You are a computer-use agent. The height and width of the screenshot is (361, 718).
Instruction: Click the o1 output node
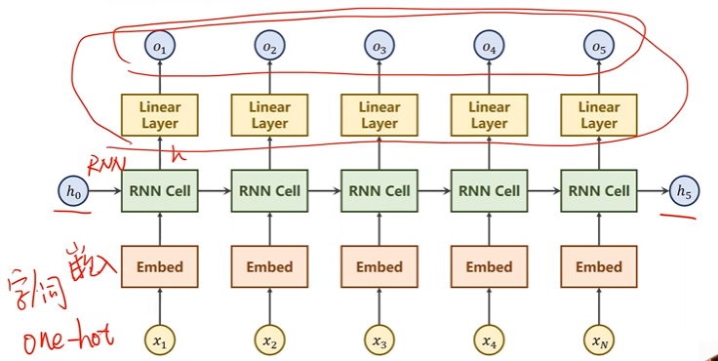pos(160,44)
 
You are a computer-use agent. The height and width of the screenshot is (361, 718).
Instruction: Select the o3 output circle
pos(379,44)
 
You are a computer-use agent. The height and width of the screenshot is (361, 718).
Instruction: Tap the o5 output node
pos(598,44)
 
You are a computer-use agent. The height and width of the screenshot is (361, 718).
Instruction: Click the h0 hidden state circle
pos(71,192)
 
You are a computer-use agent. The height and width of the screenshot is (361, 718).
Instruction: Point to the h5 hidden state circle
pos(687,192)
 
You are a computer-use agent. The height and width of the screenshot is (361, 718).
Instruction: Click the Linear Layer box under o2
pos(269,114)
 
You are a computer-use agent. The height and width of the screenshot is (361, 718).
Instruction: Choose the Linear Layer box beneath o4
pos(489,114)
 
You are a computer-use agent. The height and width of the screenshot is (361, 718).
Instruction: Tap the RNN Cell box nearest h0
pos(160,191)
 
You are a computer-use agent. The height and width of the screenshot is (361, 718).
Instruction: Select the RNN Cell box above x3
pos(379,191)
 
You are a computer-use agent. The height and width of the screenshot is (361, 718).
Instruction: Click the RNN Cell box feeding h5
pos(598,191)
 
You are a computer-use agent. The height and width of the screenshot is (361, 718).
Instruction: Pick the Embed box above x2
pos(269,266)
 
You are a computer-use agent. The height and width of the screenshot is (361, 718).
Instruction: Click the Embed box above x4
pos(489,266)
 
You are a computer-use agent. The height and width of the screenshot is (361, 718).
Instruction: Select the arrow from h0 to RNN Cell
pos(103,192)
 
